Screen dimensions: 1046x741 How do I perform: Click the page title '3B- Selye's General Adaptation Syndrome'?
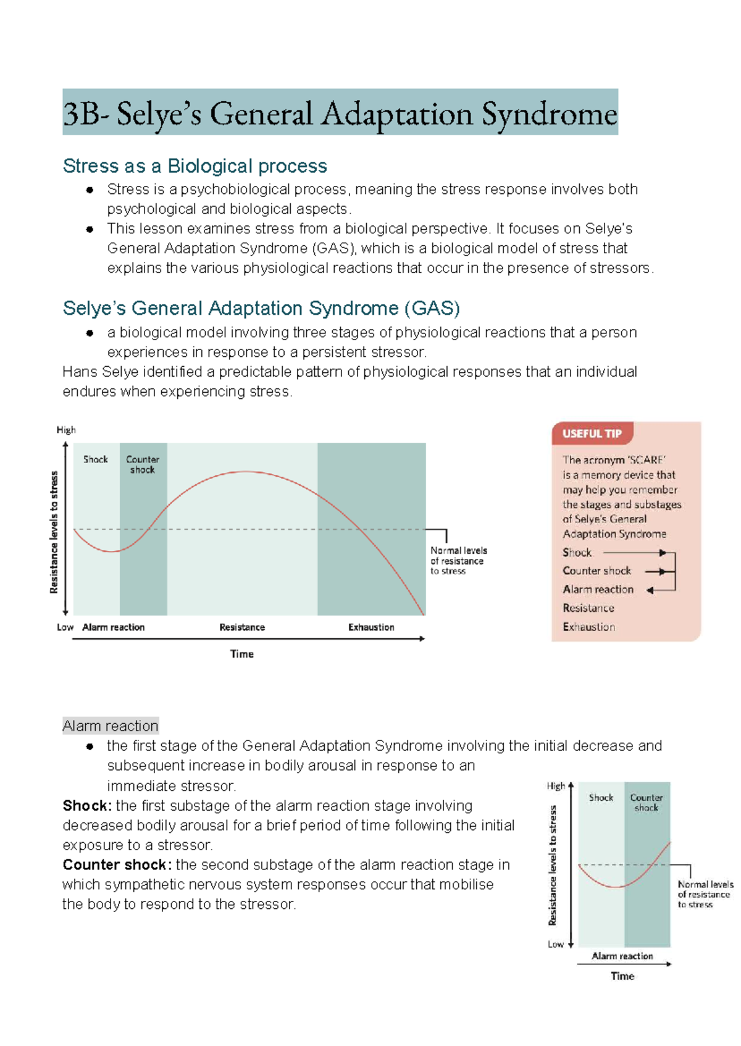point(340,114)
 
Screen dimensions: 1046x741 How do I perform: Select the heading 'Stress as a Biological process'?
point(195,166)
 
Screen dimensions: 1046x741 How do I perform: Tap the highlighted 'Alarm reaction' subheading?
point(111,726)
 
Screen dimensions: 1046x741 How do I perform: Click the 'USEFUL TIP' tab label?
point(592,433)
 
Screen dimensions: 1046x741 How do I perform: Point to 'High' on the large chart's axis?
point(66,430)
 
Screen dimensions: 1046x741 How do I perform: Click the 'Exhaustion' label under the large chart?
point(371,627)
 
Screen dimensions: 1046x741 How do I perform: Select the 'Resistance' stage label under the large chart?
point(242,627)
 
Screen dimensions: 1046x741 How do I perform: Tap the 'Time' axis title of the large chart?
point(242,654)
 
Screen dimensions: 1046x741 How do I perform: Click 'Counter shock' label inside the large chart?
point(143,464)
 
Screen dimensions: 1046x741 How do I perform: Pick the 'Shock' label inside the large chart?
point(96,459)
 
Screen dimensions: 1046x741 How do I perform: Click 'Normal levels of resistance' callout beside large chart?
point(458,561)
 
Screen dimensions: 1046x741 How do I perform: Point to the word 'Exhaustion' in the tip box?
point(588,627)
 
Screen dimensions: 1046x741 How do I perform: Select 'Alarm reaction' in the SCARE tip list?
point(598,590)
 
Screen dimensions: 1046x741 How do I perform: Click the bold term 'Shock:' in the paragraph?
point(87,806)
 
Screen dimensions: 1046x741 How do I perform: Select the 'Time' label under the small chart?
point(622,976)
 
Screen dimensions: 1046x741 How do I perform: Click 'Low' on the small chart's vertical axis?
point(555,944)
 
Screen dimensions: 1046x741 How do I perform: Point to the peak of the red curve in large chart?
point(246,472)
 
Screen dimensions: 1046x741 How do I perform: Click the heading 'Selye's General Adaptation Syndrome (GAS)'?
point(261,308)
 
